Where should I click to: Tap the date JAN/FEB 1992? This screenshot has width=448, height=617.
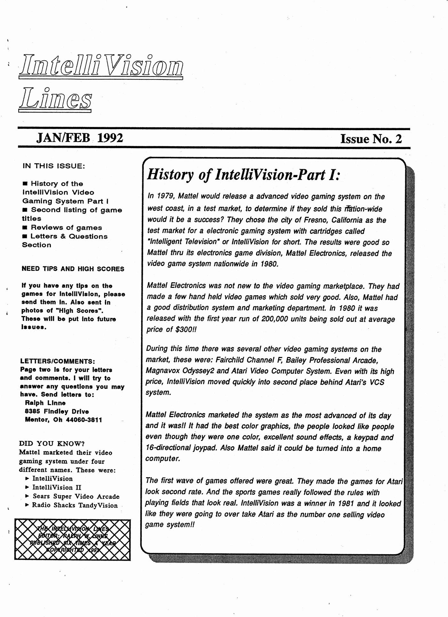tap(80, 138)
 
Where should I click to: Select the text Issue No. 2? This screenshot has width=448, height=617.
tap(371, 139)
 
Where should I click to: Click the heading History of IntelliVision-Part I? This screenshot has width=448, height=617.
tap(243, 175)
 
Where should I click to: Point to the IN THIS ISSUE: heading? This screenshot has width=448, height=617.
tap(53, 166)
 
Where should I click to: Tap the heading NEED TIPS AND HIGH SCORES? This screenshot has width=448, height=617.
tap(73, 269)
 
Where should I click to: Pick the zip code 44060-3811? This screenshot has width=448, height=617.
tap(84, 420)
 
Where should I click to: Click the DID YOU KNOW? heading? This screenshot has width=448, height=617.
tap(52, 444)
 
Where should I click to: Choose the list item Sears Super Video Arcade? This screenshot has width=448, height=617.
tap(76, 496)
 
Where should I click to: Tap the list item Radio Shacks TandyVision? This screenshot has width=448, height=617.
tap(75, 505)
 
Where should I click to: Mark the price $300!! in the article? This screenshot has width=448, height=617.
tap(186, 330)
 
